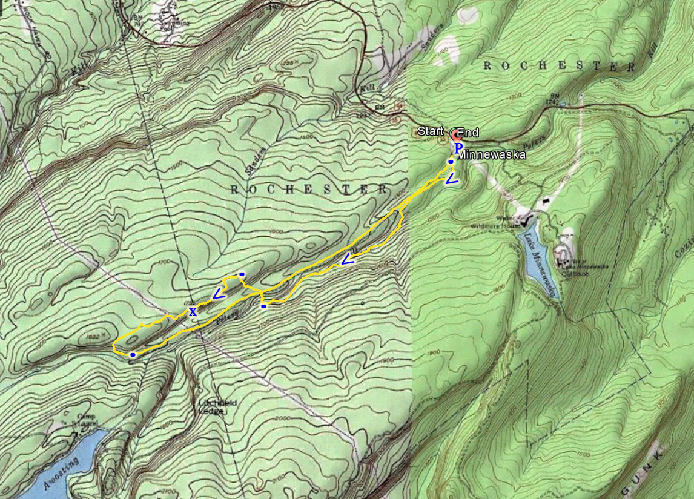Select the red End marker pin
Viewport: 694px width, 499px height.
(x=455, y=134)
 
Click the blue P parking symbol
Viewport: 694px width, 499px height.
(x=458, y=147)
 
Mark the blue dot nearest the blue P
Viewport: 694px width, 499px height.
(x=451, y=162)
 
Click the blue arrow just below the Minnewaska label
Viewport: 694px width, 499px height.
(x=452, y=179)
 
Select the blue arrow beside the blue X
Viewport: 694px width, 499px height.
(x=218, y=294)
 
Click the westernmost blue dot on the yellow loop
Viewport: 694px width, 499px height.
(x=133, y=355)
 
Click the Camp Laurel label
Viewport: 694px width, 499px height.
(x=87, y=420)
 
